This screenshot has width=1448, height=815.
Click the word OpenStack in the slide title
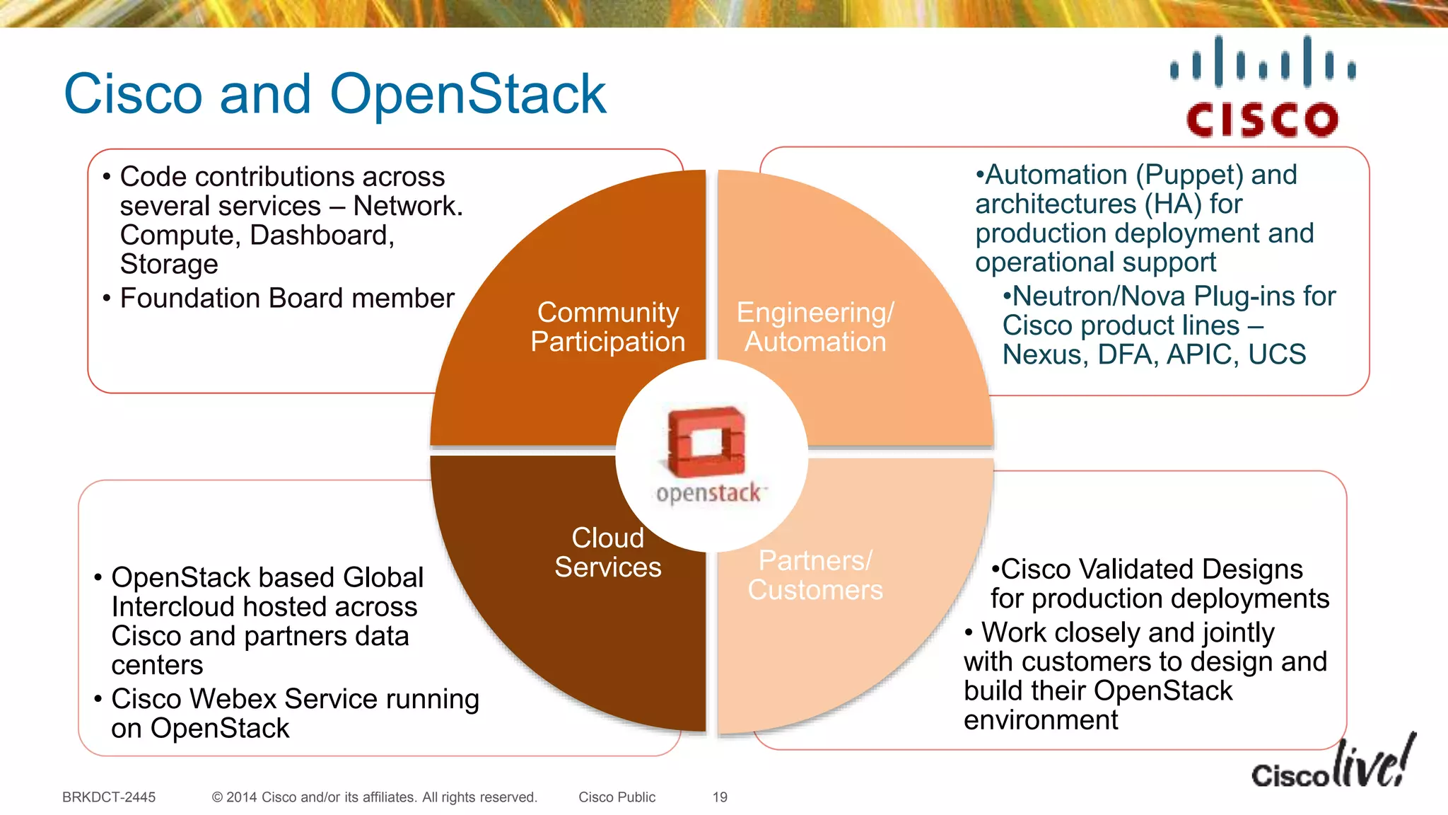pyautogui.click(x=467, y=94)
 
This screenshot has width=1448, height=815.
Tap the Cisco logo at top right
pyautogui.click(x=1262, y=87)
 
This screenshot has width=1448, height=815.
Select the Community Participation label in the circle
pyautogui.click(x=608, y=327)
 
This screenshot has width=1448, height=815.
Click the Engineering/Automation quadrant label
pyautogui.click(x=815, y=327)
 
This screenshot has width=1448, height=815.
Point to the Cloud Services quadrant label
pyautogui.click(x=608, y=553)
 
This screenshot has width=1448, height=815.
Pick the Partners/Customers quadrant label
pyautogui.click(x=815, y=575)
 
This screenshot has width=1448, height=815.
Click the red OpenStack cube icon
pyautogui.click(x=706, y=441)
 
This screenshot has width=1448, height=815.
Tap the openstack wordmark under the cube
pyautogui.click(x=709, y=493)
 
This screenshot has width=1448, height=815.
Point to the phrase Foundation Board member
pyautogui.click(x=287, y=298)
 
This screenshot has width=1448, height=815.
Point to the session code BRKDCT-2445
pyautogui.click(x=109, y=797)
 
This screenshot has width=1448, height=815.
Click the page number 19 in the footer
pyautogui.click(x=720, y=797)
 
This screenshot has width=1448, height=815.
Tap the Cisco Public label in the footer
pyautogui.click(x=617, y=797)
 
